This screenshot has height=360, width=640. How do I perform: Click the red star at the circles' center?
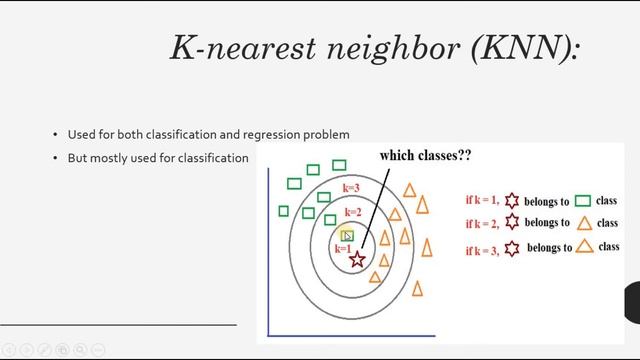[357, 260]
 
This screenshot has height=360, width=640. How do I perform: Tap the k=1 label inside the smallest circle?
[343, 248]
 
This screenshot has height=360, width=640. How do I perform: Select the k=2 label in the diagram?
[352, 213]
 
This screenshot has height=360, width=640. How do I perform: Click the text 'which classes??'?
[425, 157]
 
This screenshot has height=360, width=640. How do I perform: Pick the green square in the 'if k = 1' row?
[582, 201]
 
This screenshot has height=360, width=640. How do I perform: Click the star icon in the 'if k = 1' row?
[513, 200]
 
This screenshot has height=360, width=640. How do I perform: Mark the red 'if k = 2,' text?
[485, 224]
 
